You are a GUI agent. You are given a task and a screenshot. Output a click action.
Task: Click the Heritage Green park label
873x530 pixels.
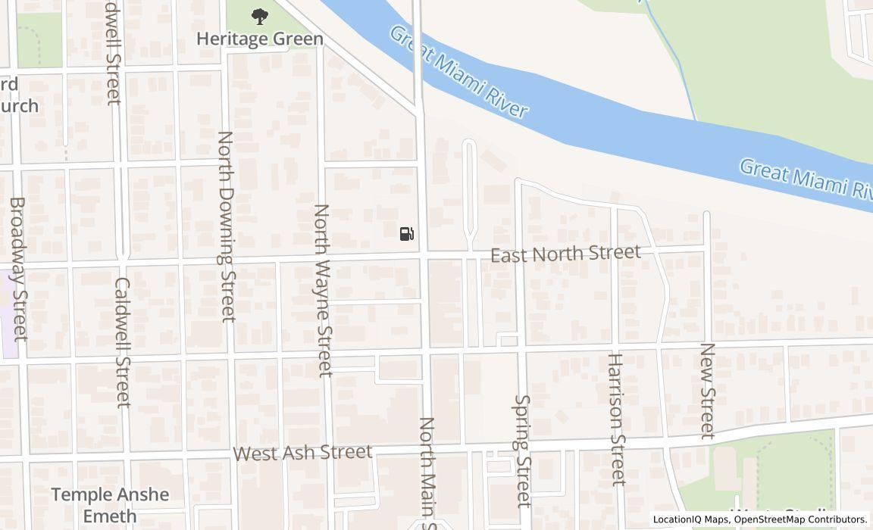click(260, 39)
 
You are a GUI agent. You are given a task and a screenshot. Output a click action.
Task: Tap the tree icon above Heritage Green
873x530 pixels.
click(260, 16)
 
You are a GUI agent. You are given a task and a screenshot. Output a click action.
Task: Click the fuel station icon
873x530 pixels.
click(407, 233)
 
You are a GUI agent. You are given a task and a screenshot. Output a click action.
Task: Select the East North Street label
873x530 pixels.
click(565, 254)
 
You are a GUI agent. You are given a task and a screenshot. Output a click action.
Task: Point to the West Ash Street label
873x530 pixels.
click(302, 453)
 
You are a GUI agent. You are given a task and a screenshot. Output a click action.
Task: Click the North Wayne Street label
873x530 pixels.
click(324, 290)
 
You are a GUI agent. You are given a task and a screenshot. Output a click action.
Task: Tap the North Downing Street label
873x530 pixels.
click(227, 226)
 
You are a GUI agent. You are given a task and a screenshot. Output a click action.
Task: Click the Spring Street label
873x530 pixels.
click(523, 450)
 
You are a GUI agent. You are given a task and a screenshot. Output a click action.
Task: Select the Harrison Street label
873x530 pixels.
click(616, 419)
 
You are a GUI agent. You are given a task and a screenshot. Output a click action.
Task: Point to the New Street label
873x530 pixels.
click(707, 391)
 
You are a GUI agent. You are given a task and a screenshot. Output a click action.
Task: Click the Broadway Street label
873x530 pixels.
click(19, 269)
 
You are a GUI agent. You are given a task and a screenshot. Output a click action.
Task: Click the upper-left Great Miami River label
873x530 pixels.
click(458, 72)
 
